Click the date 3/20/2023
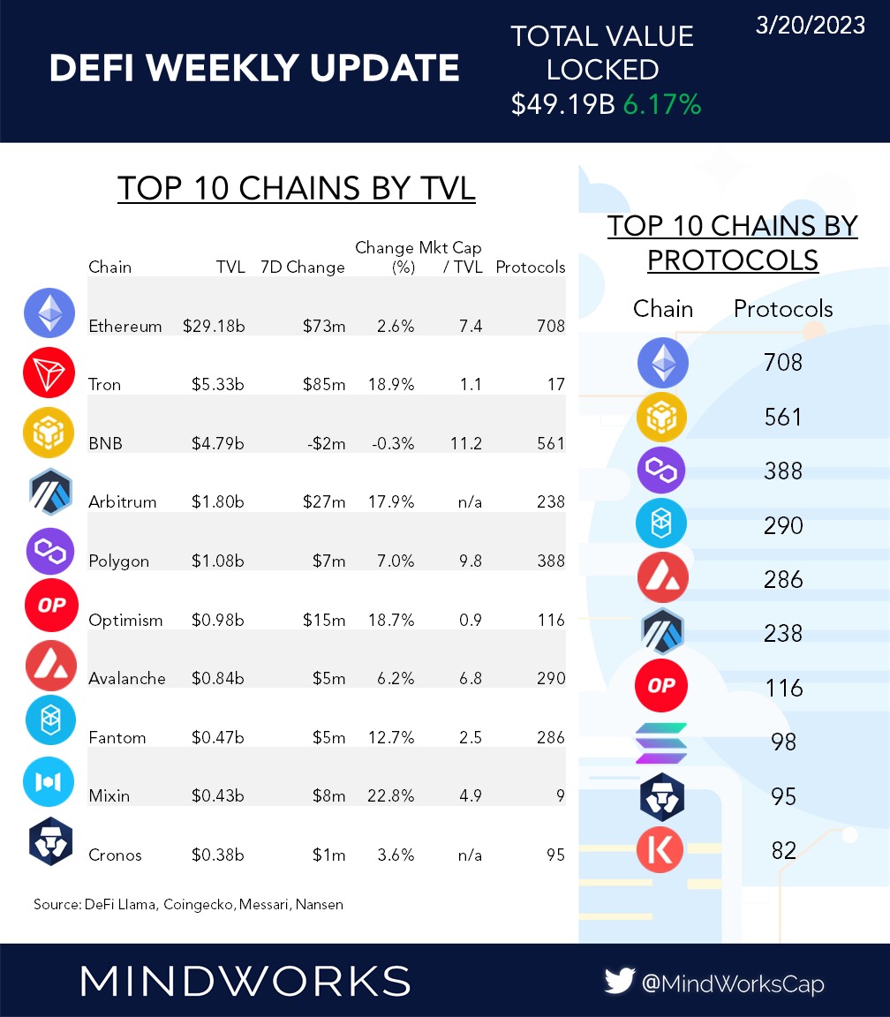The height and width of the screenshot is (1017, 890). pos(810,26)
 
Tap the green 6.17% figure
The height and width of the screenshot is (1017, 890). pos(661,104)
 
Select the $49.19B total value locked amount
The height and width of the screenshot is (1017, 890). pos(562,104)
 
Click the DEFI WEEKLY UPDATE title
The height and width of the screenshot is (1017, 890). pos(254,68)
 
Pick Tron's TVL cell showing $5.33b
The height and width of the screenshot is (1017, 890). pos(218,385)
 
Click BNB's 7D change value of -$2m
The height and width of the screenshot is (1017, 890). pos(327,443)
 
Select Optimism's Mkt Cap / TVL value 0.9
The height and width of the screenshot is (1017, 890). pos(470,620)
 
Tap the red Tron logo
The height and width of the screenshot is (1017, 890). pos(49,373)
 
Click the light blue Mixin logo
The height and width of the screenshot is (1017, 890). pos(49,782)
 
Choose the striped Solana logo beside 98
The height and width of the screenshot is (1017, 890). pos(661,742)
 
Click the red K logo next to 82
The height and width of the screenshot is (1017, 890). pos(661,850)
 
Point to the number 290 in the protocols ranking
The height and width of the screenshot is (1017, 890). pos(783,525)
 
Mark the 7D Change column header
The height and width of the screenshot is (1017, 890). pos(303,267)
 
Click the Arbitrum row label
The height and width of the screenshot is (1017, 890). pos(123,502)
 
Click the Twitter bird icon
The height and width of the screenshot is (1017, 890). pos(621,981)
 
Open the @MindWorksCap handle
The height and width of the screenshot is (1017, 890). pos(734,982)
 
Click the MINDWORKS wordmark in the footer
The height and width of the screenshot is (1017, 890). pos(245,981)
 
